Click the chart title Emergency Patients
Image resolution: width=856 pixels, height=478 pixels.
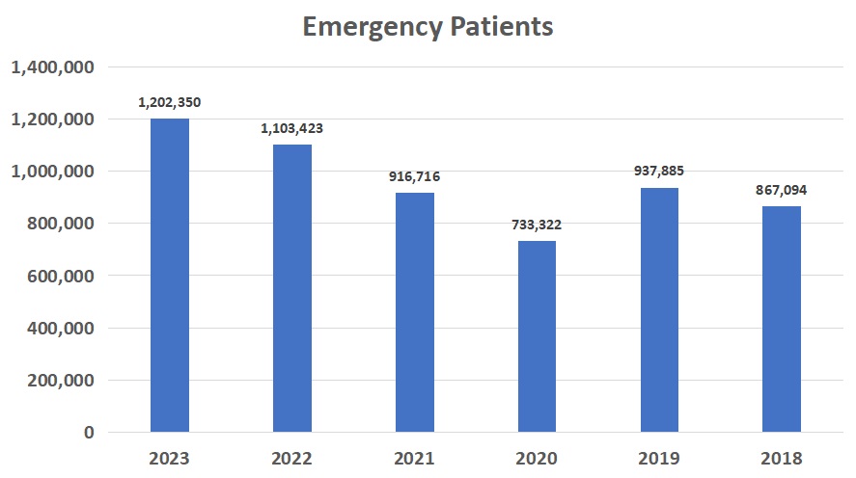pyautogui.click(x=428, y=26)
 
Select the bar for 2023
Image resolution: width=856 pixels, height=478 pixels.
pyautogui.click(x=170, y=275)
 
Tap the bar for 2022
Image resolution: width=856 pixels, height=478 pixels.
pyautogui.click(x=292, y=288)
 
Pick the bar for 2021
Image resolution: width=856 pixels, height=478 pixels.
pyautogui.click(x=415, y=312)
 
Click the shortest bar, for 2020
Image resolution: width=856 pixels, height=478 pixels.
pyautogui.click(x=537, y=336)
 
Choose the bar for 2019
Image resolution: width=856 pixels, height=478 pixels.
pyautogui.click(x=659, y=309)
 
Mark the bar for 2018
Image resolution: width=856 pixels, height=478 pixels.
pyautogui.click(x=781, y=319)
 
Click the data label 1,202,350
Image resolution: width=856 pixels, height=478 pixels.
pyautogui.click(x=170, y=102)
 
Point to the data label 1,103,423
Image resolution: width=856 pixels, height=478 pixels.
pyautogui.click(x=292, y=128)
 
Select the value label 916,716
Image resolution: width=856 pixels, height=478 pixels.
pyautogui.click(x=415, y=176)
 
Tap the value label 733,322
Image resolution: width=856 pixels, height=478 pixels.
pyautogui.click(x=537, y=225)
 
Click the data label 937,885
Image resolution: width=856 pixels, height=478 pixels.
pyautogui.click(x=659, y=172)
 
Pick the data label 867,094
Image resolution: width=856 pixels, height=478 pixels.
pyautogui.click(x=781, y=190)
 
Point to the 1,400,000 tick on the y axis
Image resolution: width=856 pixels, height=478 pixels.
pyautogui.click(x=52, y=67)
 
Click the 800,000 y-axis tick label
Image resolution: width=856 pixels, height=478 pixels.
pyautogui.click(x=59, y=224)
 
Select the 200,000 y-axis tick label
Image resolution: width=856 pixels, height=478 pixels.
pyautogui.click(x=59, y=380)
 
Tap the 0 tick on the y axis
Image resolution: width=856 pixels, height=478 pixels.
pyautogui.click(x=89, y=433)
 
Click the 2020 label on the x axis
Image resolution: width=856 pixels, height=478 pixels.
pyautogui.click(x=537, y=459)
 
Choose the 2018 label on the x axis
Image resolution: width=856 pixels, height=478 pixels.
pyautogui.click(x=781, y=459)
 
